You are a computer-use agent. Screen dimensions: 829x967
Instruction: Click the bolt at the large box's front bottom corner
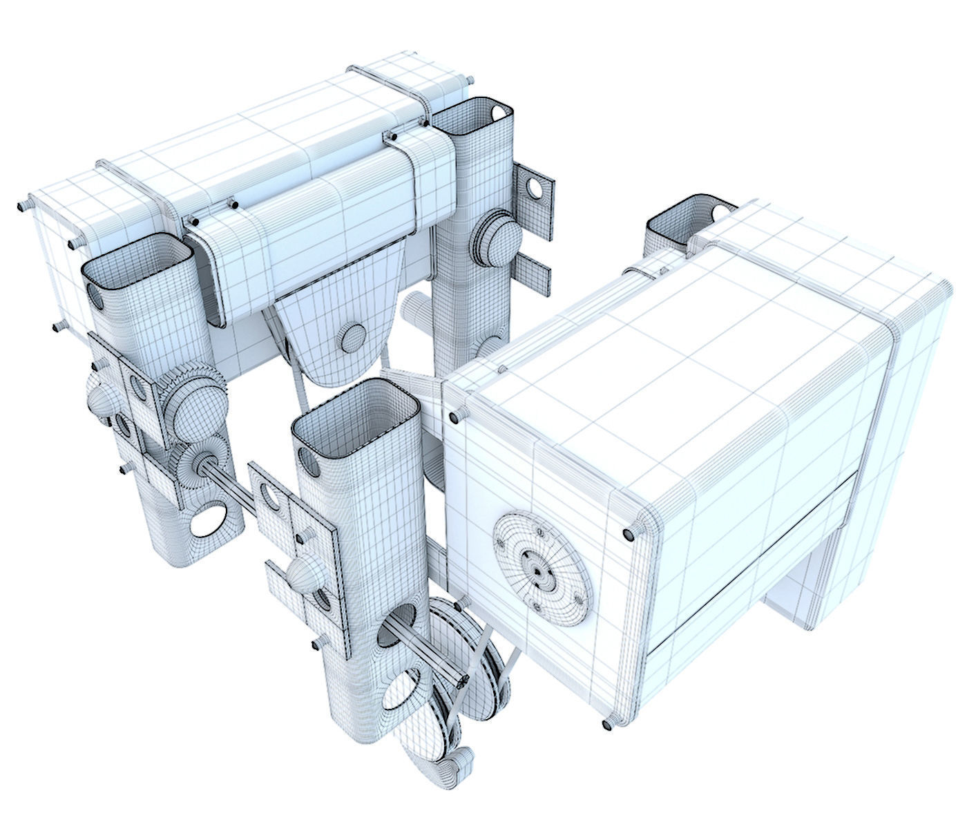point(609,723)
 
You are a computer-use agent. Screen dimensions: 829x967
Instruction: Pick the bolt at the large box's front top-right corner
point(628,534)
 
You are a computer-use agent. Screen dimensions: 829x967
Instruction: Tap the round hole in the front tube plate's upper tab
point(267,497)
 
